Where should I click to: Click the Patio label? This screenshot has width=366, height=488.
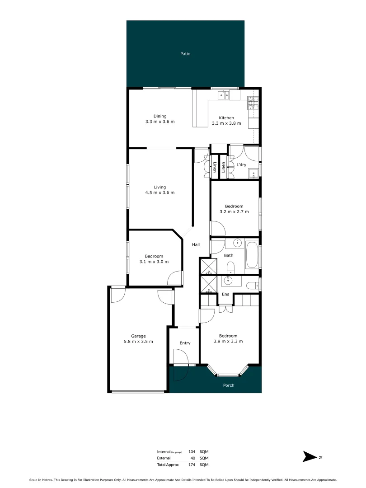click(x=185, y=54)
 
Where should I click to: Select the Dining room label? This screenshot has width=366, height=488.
click(x=160, y=116)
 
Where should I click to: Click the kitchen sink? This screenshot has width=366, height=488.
click(x=224, y=95)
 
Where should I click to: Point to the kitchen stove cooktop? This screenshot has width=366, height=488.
click(x=253, y=104)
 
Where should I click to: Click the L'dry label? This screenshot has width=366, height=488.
click(x=241, y=165)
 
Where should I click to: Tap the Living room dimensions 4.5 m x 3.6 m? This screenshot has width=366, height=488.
click(x=160, y=192)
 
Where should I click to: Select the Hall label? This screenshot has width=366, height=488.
click(x=196, y=244)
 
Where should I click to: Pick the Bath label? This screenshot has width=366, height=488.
click(x=229, y=256)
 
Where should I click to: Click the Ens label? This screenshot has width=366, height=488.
click(x=225, y=294)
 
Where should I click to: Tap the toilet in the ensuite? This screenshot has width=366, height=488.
click(x=252, y=285)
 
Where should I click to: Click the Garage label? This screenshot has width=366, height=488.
click(x=138, y=336)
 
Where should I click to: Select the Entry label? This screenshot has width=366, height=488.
click(x=185, y=343)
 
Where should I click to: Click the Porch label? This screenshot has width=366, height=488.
click(x=229, y=385)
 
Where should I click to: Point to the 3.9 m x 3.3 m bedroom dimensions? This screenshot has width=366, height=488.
click(x=228, y=342)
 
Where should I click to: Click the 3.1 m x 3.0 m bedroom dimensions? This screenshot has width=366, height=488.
click(x=154, y=262)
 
